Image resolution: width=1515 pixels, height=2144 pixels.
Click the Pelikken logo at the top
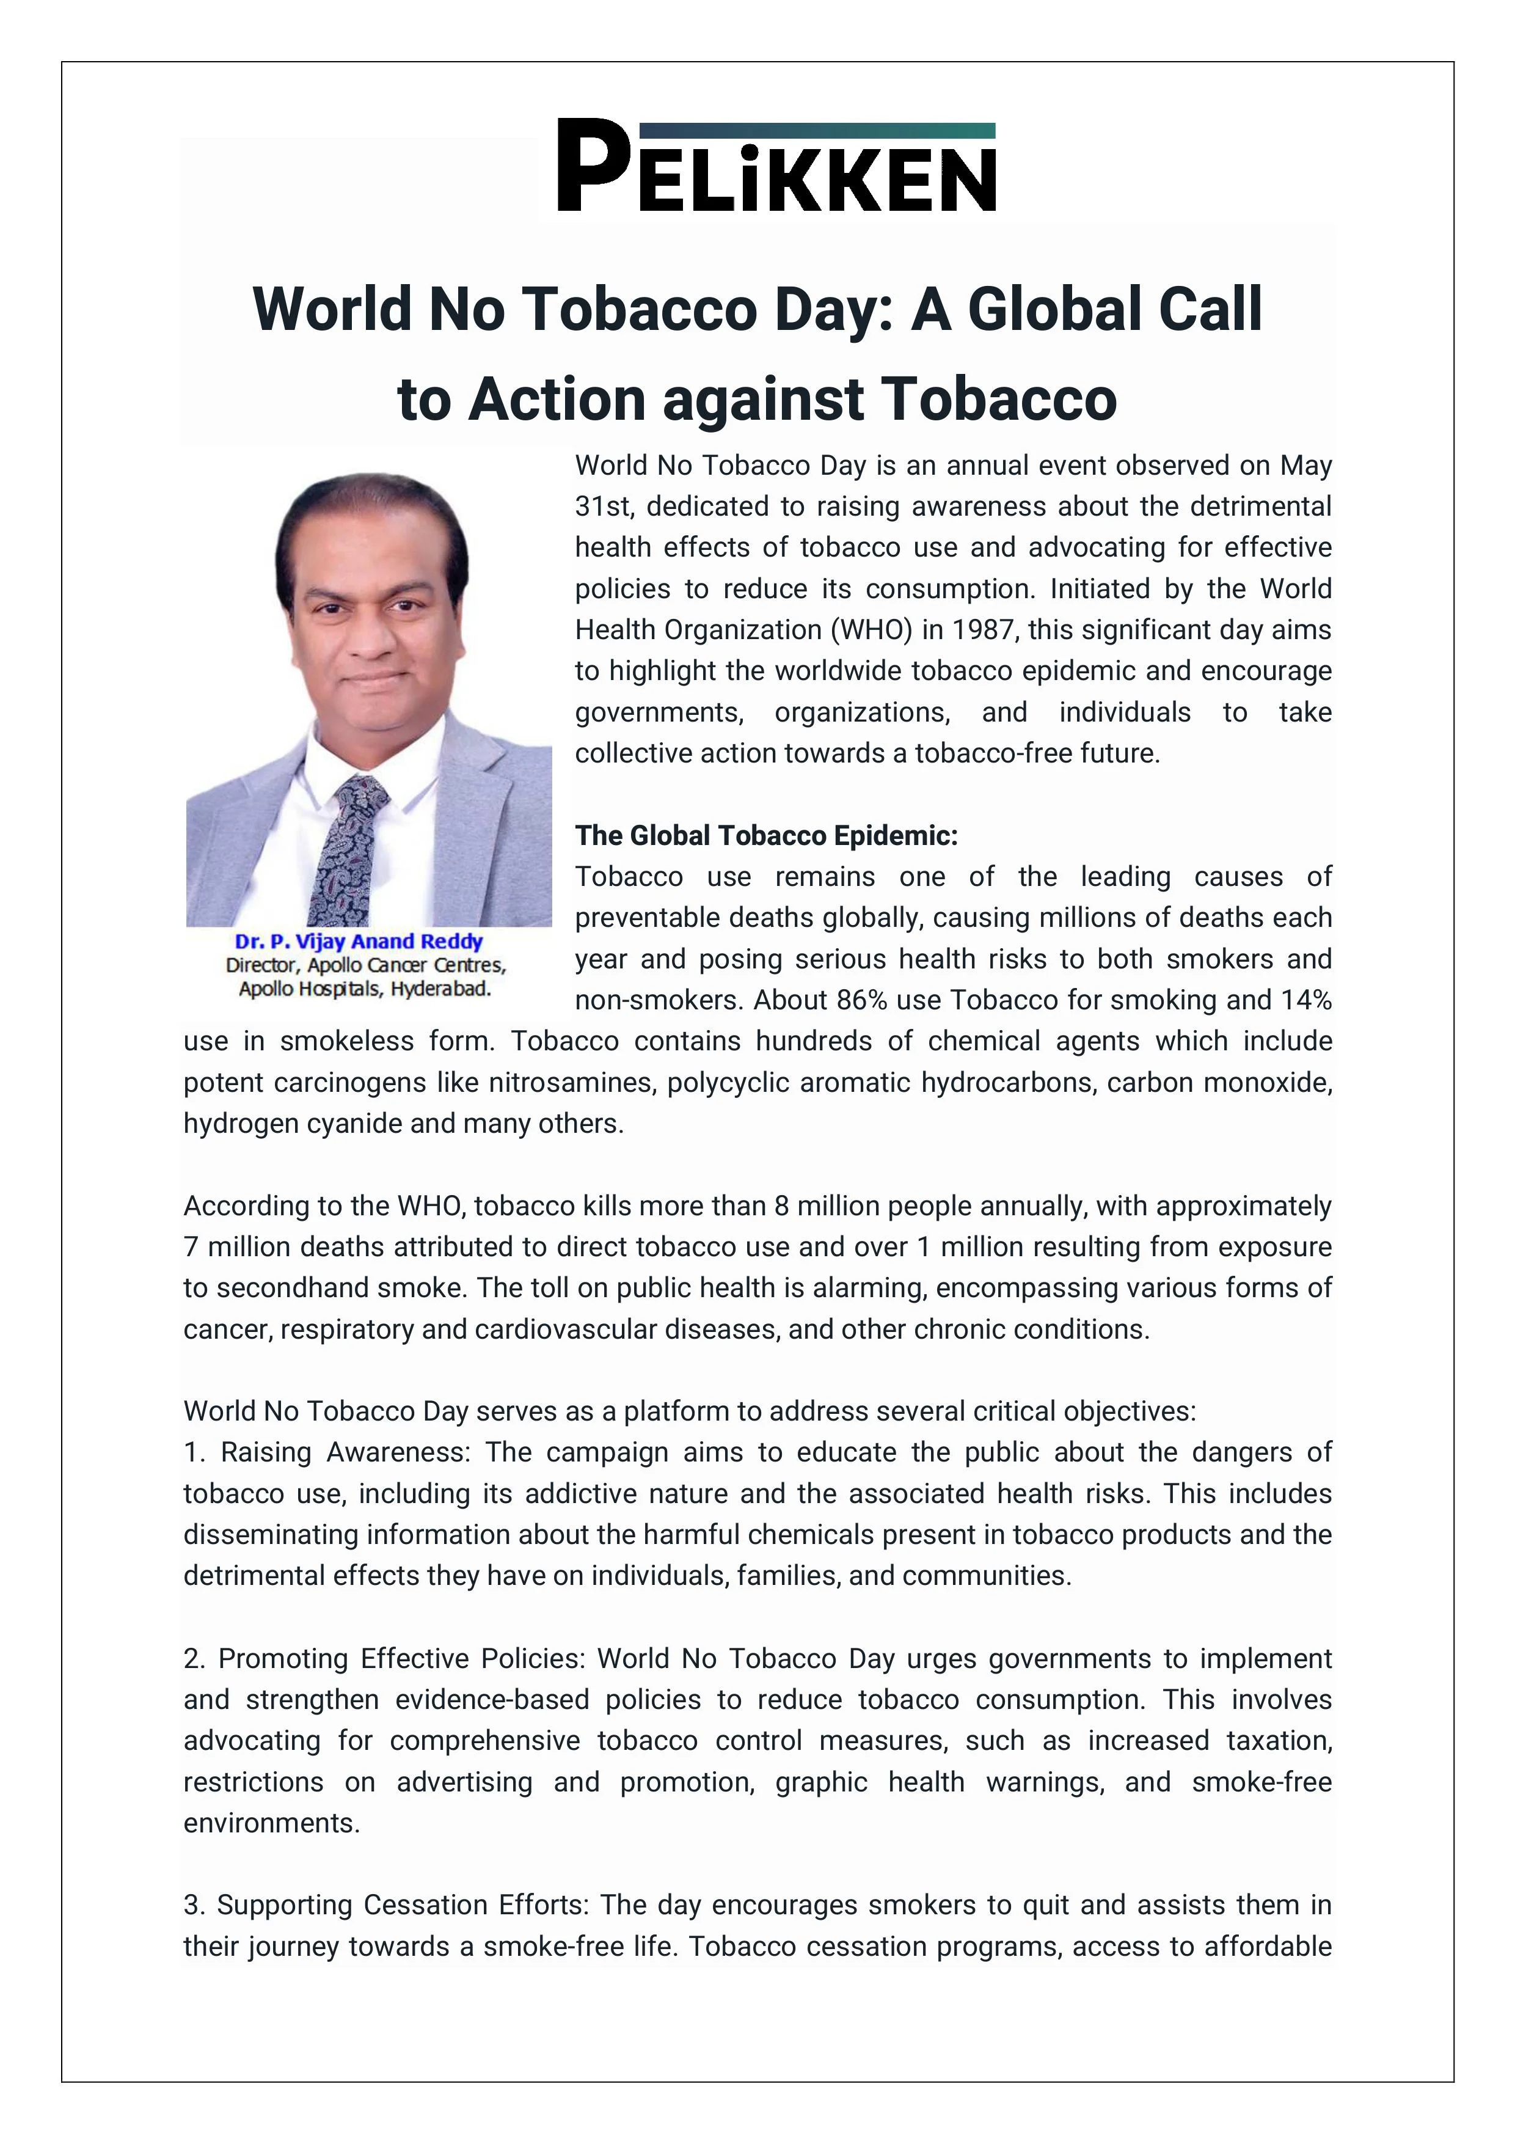[x=776, y=166]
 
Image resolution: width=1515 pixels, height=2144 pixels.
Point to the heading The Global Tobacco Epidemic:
[x=765, y=836]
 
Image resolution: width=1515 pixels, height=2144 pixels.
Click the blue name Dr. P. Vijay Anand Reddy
[x=359, y=942]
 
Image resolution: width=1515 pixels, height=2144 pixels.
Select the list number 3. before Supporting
[x=193, y=1906]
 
